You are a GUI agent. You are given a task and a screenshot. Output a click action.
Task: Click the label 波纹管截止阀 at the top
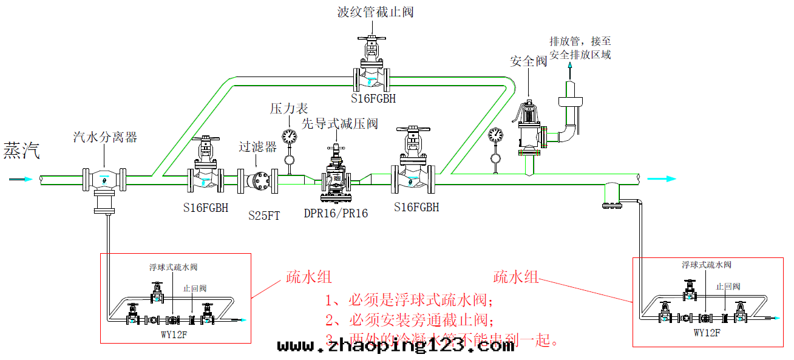(375, 12)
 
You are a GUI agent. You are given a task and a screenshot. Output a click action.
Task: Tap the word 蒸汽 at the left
(22, 151)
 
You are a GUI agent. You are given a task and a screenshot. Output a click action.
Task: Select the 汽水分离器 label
(105, 137)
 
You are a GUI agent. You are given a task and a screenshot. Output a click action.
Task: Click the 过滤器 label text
(257, 146)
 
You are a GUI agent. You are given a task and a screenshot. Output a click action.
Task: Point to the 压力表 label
(289, 109)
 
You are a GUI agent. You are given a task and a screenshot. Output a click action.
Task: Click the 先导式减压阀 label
(340, 124)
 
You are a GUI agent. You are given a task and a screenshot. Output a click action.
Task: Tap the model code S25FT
(264, 215)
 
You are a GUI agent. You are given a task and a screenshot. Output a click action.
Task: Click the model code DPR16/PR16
(336, 214)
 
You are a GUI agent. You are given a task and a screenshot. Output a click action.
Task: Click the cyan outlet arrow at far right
(662, 178)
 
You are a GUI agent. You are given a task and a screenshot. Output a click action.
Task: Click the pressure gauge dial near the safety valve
(496, 134)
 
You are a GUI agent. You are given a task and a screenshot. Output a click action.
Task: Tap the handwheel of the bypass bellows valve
(371, 39)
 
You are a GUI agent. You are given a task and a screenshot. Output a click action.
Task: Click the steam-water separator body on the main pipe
(104, 180)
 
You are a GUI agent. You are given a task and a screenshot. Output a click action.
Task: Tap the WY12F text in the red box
(707, 333)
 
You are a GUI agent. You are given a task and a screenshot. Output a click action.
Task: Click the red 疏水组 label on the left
(309, 277)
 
